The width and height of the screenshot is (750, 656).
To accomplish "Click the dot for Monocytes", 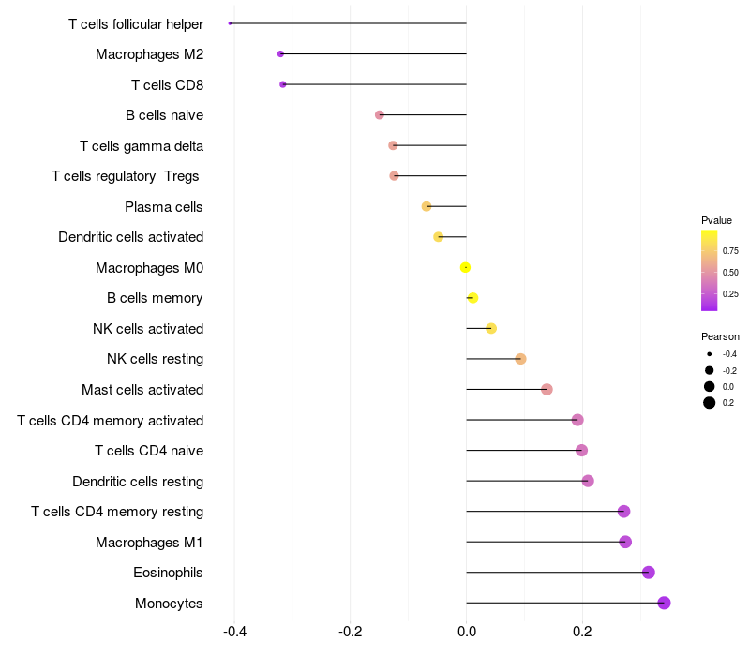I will pos(665,603).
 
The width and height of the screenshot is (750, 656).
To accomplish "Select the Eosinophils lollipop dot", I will pos(648,573).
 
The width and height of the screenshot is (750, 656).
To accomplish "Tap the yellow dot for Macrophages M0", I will pos(466,268).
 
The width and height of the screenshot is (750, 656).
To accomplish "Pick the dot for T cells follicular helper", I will pos(231,23).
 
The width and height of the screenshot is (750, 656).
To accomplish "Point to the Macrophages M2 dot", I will pos(280,54).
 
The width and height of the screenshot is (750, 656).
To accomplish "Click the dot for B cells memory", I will pos(472,298).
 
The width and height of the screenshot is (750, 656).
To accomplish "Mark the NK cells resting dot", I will pos(520,359).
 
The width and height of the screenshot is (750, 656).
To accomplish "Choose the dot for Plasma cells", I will pos(427,206).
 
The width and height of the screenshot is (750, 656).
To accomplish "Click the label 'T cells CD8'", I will pos(167,85).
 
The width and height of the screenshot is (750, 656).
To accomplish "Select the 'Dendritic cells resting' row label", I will pos(138,482).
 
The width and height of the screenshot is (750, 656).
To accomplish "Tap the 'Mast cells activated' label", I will pos(142,390).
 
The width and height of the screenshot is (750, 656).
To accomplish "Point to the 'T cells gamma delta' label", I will pos(142,146).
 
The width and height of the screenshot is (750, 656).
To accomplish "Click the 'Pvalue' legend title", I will pos(716,220).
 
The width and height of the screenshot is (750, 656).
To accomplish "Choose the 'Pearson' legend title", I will pos(720,336).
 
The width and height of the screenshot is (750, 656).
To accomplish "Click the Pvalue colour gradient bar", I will pos(710,270).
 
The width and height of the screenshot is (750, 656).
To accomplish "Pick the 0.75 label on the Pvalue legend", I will pos(730,251).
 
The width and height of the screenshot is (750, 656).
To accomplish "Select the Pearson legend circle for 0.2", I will pos(710,403).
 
